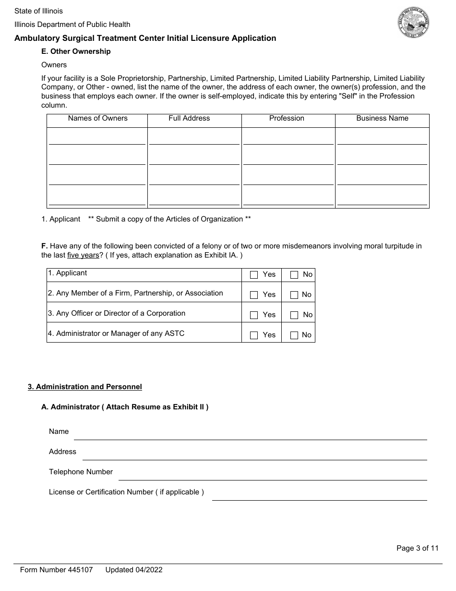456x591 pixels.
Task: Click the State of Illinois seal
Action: click(413, 23)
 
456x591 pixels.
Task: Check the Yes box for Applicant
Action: click(254, 275)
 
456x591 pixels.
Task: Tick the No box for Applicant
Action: click(294, 275)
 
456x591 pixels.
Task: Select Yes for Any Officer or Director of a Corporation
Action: click(254, 315)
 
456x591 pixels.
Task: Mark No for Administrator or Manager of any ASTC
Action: click(294, 335)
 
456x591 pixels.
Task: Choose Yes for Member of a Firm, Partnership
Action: click(254, 295)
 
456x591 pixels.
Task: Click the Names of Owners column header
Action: click(97, 118)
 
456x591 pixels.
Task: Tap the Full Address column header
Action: click(189, 118)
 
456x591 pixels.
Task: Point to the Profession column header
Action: click(287, 118)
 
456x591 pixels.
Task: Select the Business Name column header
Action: click(382, 118)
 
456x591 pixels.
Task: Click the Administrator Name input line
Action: click(250, 434)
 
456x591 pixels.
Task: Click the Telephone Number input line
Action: click(272, 475)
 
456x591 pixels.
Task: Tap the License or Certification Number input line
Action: click(319, 495)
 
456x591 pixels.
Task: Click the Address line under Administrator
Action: click(254, 455)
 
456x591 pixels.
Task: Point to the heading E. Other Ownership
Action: click(76, 51)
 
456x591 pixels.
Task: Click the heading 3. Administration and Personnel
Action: click(85, 387)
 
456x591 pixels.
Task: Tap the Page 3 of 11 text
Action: click(417, 548)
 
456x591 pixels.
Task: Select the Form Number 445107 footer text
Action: click(56, 570)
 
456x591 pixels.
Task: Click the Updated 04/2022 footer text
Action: click(134, 570)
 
